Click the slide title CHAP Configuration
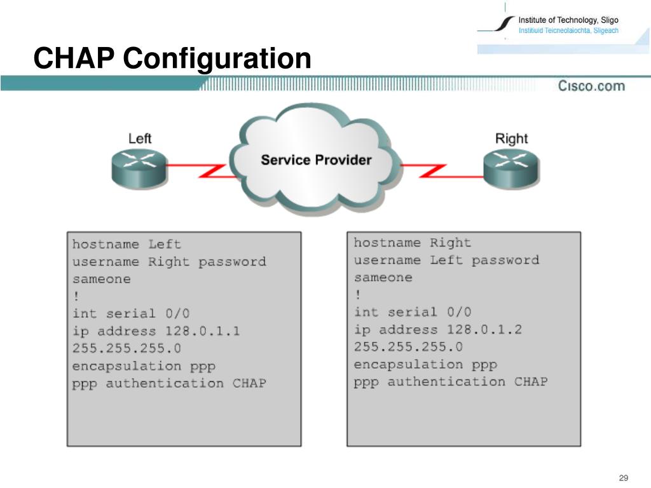172,59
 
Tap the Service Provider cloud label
316,159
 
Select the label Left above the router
140,139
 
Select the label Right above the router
511,139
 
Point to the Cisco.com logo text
591,86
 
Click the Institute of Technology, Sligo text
568,20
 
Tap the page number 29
623,478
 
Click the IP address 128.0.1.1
203,331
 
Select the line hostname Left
127,244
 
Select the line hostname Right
413,243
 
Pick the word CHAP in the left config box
249,383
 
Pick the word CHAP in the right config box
531,381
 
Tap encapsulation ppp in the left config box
144,366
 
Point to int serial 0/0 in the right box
413,312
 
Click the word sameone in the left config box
102,279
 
